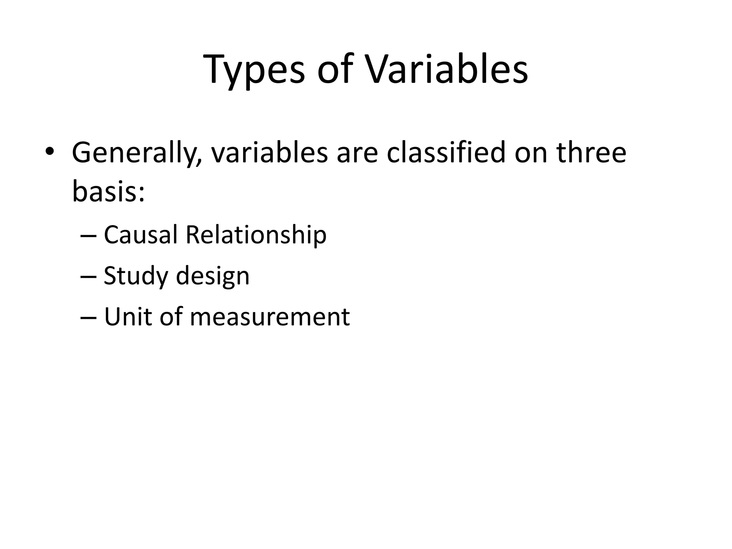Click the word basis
[104, 191]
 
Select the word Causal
[140, 235]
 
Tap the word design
[213, 277]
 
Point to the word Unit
[128, 317]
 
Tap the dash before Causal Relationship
[89, 236]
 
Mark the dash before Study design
[89, 277]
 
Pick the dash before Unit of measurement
[89, 318]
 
